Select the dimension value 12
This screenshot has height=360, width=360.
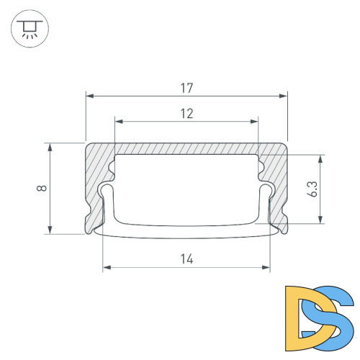point(186,112)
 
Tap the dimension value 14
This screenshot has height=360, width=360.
point(186,258)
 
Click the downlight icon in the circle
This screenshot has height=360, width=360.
point(28,28)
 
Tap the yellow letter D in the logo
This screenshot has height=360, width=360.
point(300,314)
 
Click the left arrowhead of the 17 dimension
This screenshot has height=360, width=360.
point(89,94)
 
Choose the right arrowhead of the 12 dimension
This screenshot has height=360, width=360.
point(254,120)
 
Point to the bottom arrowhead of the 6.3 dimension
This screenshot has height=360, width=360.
point(320,221)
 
